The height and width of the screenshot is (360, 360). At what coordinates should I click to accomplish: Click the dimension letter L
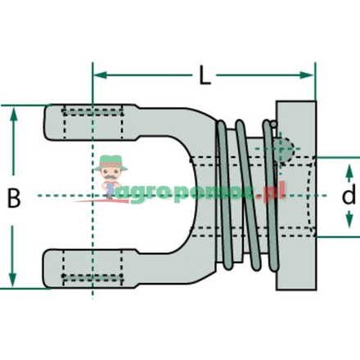pos(204,79)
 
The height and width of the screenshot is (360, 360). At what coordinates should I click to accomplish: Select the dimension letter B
pos(14,196)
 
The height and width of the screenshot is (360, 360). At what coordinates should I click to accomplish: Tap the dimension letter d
pos(349,196)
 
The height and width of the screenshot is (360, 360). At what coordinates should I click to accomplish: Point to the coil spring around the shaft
pos(245,196)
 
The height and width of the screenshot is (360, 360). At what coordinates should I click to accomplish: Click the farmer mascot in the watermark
pos(110,177)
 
